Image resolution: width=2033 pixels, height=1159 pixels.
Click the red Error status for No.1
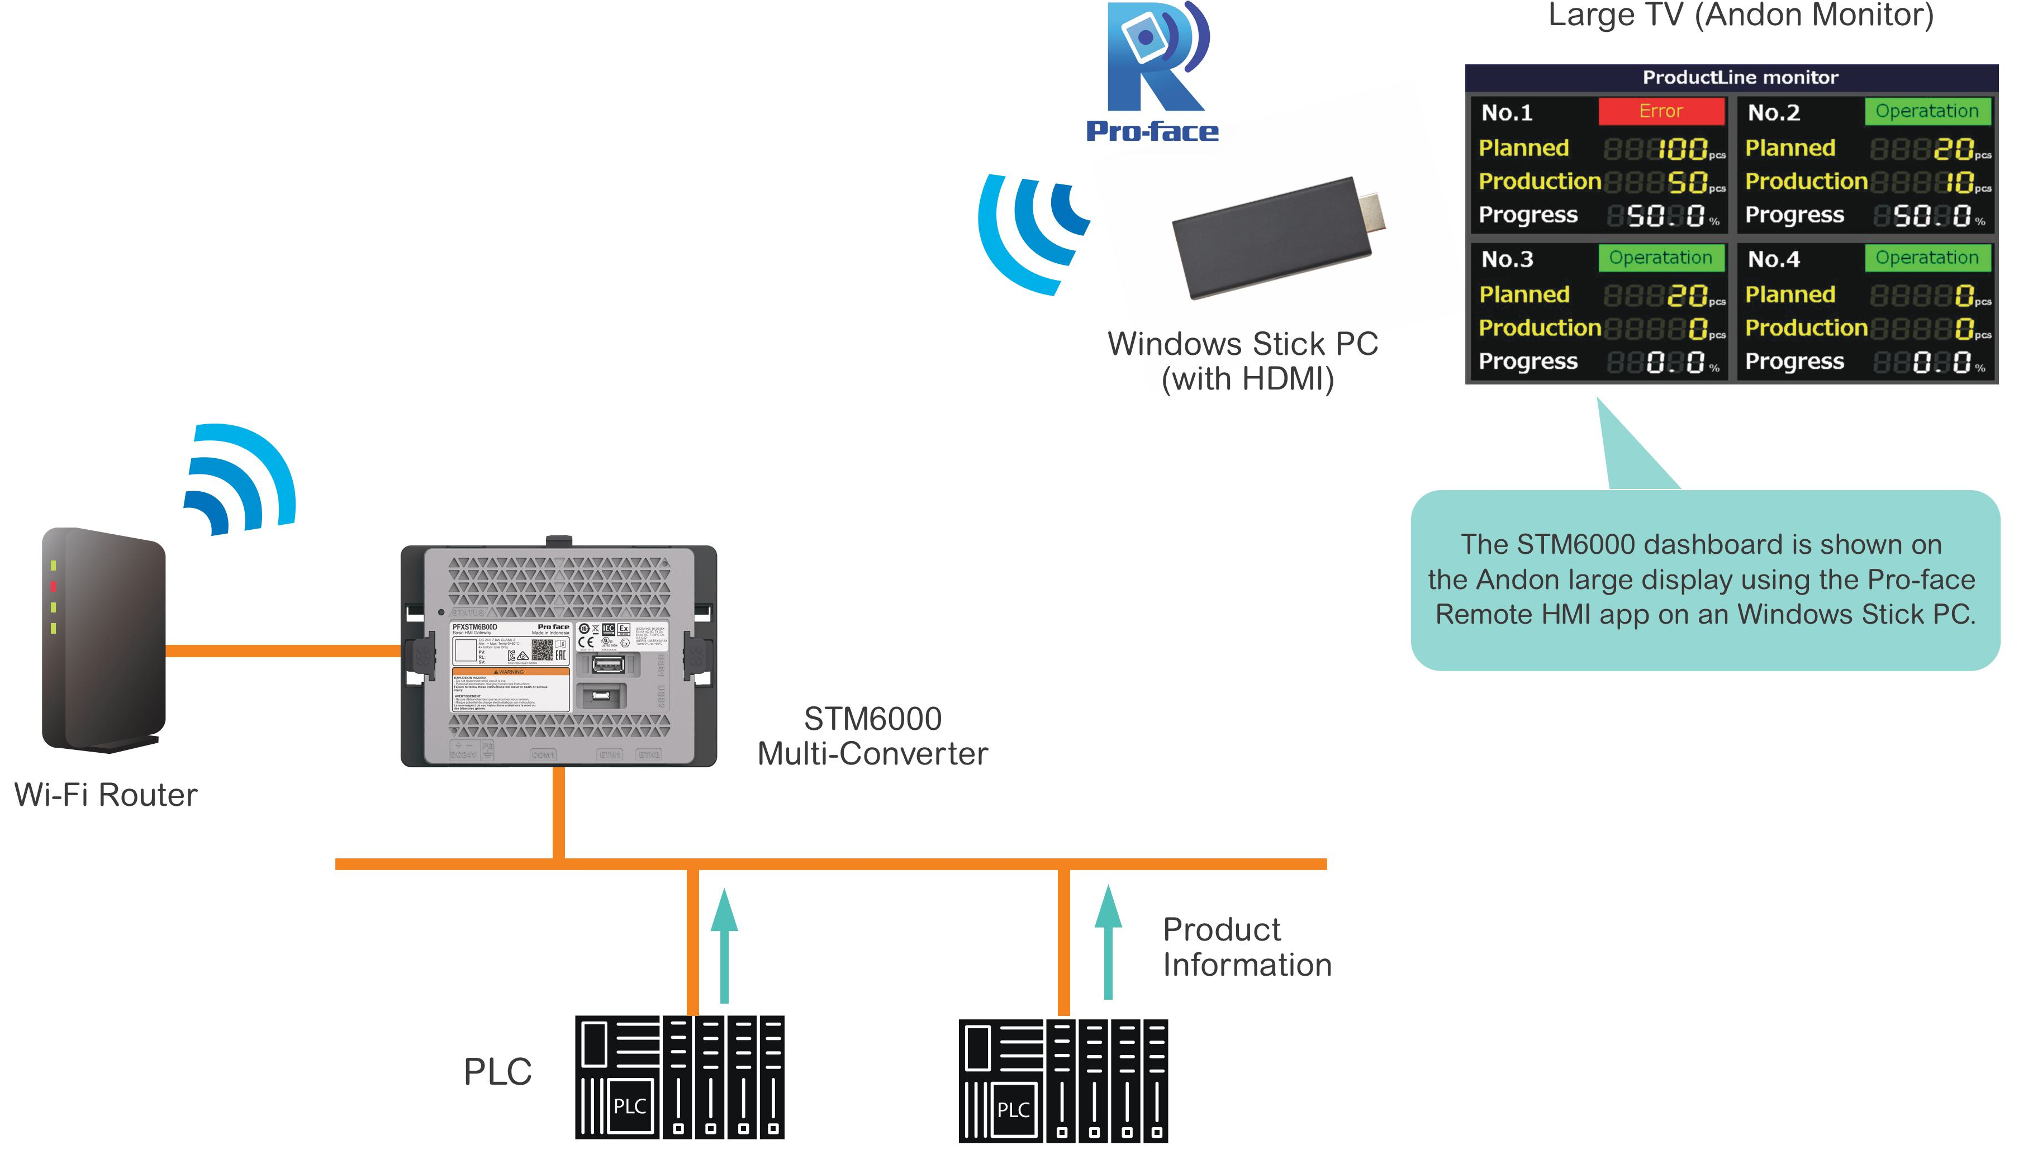(x=1660, y=111)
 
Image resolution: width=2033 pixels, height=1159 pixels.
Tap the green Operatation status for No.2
(x=1926, y=111)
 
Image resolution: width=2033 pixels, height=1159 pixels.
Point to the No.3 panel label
(x=1507, y=259)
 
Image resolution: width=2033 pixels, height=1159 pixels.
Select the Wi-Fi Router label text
(x=106, y=795)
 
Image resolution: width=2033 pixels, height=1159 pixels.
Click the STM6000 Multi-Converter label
(x=872, y=737)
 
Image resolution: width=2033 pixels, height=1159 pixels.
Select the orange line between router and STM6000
(x=283, y=651)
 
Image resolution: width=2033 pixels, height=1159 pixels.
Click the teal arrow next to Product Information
(x=1107, y=943)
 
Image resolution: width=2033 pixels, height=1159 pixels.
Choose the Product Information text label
(x=1247, y=947)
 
